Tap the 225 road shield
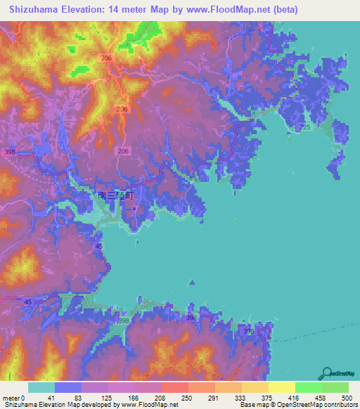tap(304, 127)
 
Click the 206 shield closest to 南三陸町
tap(123, 151)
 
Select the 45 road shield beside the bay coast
tap(98, 246)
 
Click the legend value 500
tap(346, 397)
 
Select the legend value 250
tap(188, 397)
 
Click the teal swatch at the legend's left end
tap(41, 387)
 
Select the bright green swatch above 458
tap(309, 387)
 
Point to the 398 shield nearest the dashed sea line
tap(247, 330)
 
